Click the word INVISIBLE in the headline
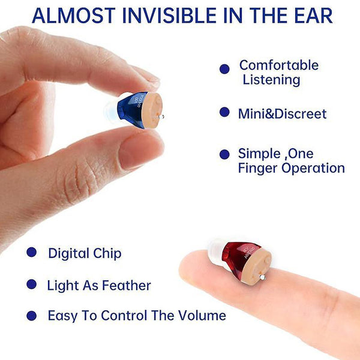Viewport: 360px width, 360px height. [x=170, y=14]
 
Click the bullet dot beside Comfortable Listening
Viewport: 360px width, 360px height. [x=224, y=70]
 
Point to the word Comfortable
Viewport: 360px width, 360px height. [x=279, y=65]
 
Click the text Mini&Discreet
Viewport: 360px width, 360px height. [x=282, y=113]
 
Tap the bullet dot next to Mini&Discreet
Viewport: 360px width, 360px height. [x=224, y=112]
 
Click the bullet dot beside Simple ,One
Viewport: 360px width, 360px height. [x=224, y=154]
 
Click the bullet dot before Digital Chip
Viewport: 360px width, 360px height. [x=31, y=253]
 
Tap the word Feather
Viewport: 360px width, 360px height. [x=127, y=286]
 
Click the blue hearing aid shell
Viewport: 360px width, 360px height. [x=127, y=110]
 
